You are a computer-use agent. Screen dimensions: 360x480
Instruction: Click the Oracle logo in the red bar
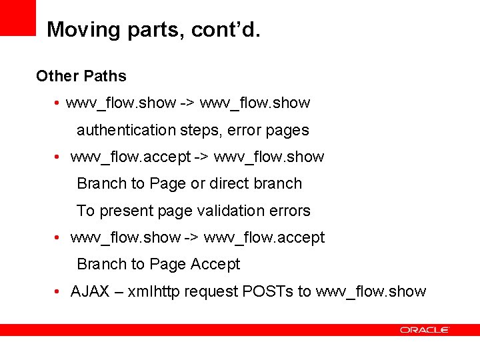(x=425, y=330)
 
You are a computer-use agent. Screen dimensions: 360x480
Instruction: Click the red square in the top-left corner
(x=17, y=17)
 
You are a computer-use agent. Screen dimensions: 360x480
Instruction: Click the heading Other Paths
(x=81, y=76)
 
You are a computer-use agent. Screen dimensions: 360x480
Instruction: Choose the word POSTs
(x=268, y=291)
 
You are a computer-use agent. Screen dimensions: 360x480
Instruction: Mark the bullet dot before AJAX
(x=59, y=292)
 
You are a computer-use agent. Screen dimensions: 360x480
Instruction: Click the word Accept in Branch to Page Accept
(x=215, y=264)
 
